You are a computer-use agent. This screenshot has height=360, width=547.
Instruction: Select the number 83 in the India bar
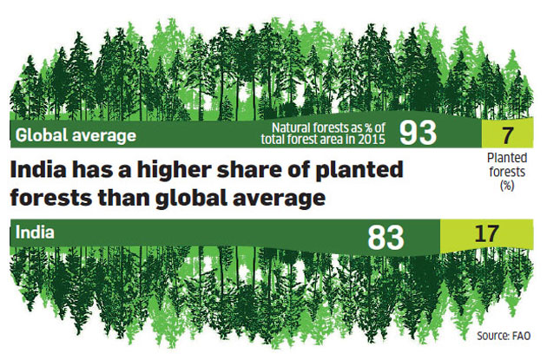(387, 236)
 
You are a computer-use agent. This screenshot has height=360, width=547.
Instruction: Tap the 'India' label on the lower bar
(34, 233)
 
